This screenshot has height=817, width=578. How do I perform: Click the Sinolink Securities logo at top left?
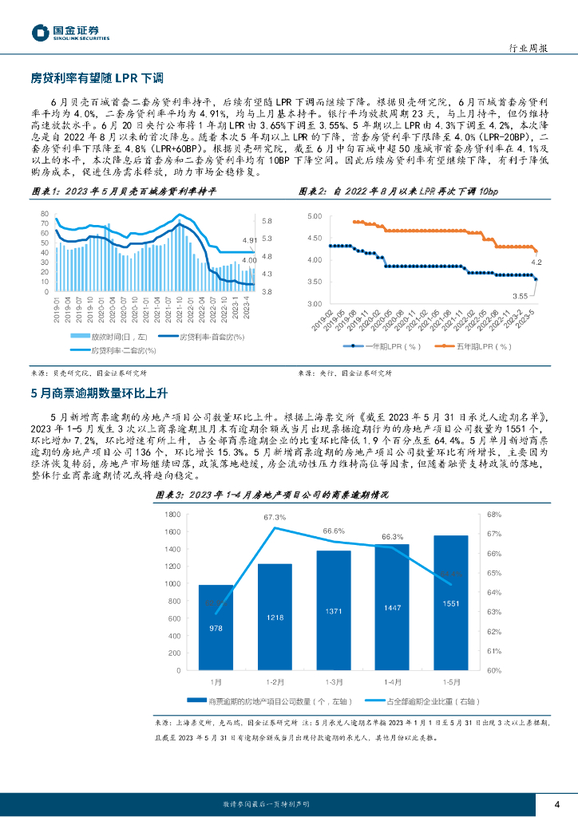tap(70, 32)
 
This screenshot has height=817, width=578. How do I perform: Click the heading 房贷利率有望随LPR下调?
tap(97, 78)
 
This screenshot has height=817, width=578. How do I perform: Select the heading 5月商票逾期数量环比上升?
tap(98, 392)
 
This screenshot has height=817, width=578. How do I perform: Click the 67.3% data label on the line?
tap(275, 517)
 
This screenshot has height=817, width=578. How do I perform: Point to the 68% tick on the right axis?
tap(495, 515)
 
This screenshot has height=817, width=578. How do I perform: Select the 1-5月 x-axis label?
tap(451, 682)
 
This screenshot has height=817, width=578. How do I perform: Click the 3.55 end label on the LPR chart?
tap(521, 295)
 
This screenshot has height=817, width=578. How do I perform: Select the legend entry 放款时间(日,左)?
tap(106, 337)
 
